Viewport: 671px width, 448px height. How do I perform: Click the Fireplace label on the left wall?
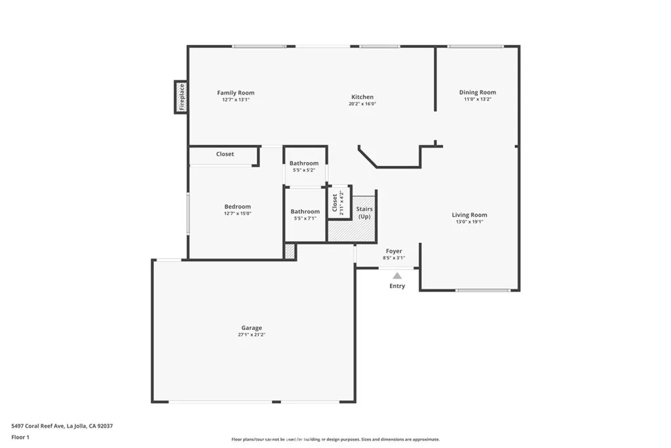182,97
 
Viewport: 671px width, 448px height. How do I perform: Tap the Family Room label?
236,93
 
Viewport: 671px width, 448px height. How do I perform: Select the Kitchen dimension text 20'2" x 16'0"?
362,104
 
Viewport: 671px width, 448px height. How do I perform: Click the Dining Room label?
478,92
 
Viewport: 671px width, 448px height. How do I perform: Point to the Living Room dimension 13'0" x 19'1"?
469,222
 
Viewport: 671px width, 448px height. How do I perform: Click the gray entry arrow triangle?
397,275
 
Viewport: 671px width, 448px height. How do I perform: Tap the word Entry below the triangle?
397,286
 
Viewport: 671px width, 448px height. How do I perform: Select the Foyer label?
394,251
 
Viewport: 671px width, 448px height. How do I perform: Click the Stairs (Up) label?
364,213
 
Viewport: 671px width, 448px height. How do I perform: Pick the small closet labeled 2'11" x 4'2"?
337,203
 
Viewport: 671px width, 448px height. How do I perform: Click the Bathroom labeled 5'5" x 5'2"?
304,163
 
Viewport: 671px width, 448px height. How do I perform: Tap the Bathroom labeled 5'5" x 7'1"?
305,211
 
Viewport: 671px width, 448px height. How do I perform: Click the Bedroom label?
237,207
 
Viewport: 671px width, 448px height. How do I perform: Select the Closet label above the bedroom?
225,154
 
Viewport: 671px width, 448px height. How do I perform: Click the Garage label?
251,328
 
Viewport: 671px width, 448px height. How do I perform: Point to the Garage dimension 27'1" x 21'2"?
251,335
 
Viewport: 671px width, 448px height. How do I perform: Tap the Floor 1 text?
20,437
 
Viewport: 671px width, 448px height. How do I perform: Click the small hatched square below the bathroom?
290,251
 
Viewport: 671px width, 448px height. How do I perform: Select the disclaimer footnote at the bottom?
335,439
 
